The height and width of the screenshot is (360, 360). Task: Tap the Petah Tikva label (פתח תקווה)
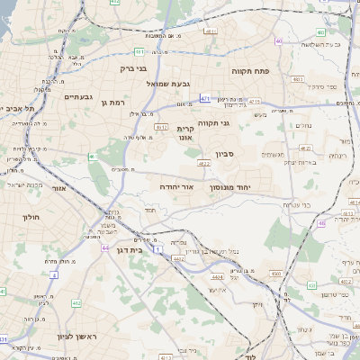click(251, 71)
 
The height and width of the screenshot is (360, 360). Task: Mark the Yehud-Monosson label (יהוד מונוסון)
click(230, 187)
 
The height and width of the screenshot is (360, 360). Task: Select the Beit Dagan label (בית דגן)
click(130, 250)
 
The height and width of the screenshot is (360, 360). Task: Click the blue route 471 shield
click(206, 98)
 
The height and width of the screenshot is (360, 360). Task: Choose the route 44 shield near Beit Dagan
click(105, 247)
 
